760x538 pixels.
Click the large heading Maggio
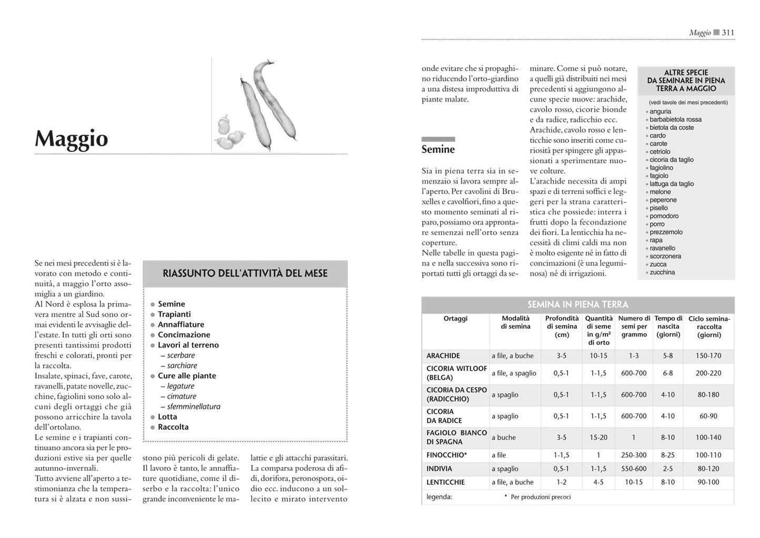(x=72, y=139)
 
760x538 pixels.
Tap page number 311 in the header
(x=728, y=33)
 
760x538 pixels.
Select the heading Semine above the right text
(x=438, y=149)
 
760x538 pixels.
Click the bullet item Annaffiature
(x=181, y=324)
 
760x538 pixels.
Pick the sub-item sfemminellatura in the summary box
(x=194, y=407)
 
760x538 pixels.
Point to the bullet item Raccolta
(x=173, y=427)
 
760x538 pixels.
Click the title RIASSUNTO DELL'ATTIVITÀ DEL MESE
(x=245, y=273)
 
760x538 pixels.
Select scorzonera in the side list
(x=665, y=256)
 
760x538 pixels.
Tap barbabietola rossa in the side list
(x=675, y=119)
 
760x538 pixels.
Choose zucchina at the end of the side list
(x=662, y=272)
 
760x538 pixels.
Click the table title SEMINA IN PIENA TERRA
(x=577, y=304)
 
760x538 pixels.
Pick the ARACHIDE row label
(x=443, y=356)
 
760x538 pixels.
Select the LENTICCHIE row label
(x=446, y=482)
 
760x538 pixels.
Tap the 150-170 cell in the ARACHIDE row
(x=708, y=356)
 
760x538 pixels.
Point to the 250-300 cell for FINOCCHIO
(x=634, y=455)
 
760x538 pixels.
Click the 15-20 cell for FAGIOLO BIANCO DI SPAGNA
(x=599, y=438)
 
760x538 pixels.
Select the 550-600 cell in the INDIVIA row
(x=634, y=469)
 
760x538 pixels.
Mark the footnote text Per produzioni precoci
(x=541, y=497)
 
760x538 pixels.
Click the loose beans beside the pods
(x=229, y=133)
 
